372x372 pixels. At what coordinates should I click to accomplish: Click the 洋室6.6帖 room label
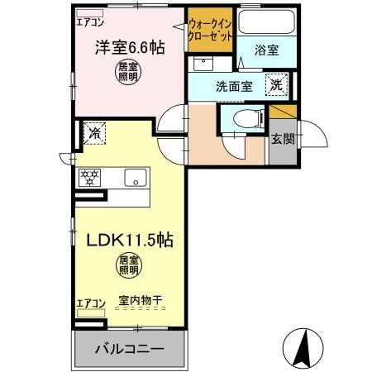[x=130, y=48]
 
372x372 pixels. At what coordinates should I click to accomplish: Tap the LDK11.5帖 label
[x=130, y=240]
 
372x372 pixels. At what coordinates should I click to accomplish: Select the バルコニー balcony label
[x=130, y=349]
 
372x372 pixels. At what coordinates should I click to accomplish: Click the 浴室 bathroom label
[x=266, y=50]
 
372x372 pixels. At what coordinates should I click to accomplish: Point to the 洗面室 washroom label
[x=234, y=87]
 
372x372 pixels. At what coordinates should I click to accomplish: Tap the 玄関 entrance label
[x=283, y=139]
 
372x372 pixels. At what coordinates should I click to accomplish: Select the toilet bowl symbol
[x=247, y=119]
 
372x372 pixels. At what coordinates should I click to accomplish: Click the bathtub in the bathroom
[x=266, y=21]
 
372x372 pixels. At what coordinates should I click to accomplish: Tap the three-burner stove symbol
[x=89, y=178]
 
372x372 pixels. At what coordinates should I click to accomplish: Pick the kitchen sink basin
[x=136, y=178]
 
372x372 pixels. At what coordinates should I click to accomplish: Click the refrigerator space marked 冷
[x=95, y=133]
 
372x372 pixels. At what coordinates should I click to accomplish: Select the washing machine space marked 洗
[x=276, y=84]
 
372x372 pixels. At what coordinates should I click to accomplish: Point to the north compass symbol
[x=303, y=349]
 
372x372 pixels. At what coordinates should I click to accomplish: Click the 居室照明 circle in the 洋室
[x=128, y=72]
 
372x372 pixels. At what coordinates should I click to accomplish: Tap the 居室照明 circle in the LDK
[x=128, y=265]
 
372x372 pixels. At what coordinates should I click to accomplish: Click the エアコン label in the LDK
[x=91, y=303]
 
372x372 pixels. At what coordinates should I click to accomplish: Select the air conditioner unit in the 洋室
[x=90, y=13]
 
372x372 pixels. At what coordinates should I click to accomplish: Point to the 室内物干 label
[x=141, y=300]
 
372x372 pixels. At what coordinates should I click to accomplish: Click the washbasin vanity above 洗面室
[x=203, y=64]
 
